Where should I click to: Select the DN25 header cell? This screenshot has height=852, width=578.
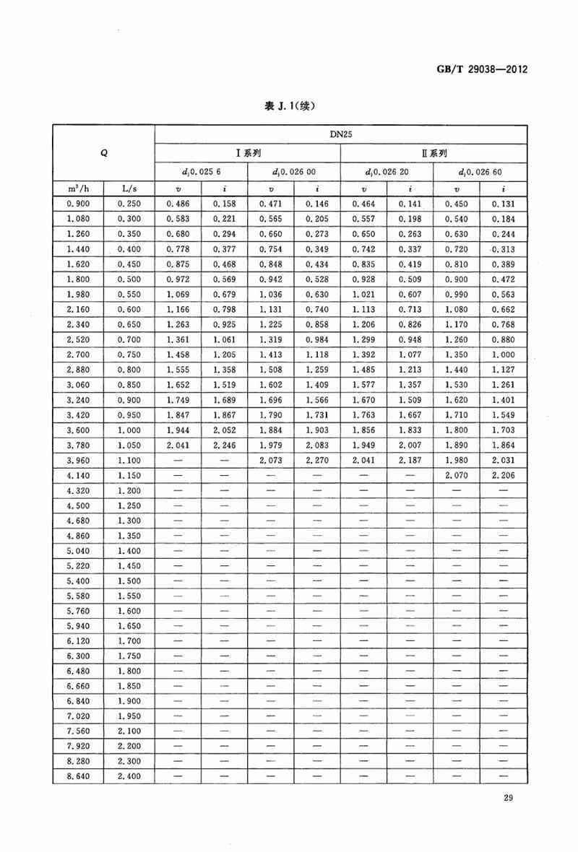pyautogui.click(x=340, y=134)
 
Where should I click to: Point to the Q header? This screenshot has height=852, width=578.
pyautogui.click(x=103, y=153)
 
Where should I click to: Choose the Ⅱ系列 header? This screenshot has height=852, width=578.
pyautogui.click(x=433, y=153)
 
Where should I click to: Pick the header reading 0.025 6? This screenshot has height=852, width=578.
pyautogui.click(x=202, y=172)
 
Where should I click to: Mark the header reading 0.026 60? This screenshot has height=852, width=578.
pyautogui.click(x=480, y=172)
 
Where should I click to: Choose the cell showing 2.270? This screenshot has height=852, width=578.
pyautogui.click(x=316, y=460)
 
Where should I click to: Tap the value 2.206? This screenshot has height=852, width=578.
pyautogui.click(x=503, y=475)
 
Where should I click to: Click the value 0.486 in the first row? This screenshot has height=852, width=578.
pyautogui.click(x=178, y=204)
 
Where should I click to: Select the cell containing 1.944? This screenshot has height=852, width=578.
pyautogui.click(x=178, y=430)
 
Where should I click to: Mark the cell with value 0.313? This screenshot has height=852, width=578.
pyautogui.click(x=503, y=249)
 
